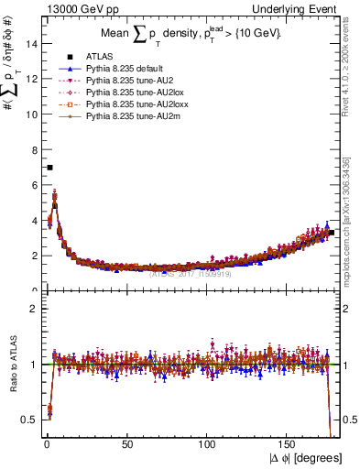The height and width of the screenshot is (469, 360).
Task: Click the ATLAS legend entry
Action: point(99,57)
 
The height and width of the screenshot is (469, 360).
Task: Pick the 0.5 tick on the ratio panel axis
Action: point(28,420)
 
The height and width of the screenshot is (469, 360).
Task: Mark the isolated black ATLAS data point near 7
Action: point(49,168)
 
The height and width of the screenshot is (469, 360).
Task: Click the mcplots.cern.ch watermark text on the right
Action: point(352,238)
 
